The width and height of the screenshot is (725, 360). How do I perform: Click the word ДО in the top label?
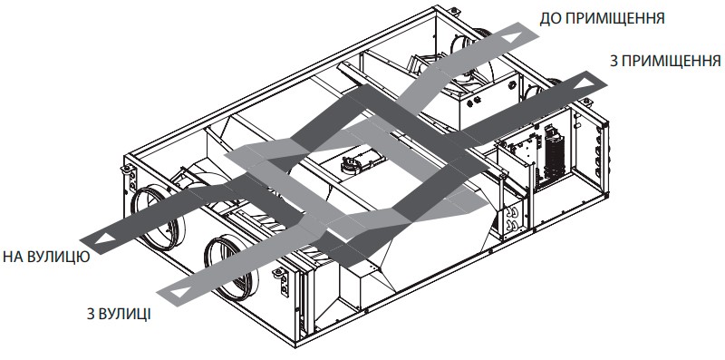point(548,18)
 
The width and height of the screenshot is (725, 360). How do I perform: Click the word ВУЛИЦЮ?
point(57,258)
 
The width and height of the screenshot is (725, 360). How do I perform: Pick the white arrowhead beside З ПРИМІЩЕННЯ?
point(585,83)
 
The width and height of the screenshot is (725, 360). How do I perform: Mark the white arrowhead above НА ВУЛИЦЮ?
point(105,239)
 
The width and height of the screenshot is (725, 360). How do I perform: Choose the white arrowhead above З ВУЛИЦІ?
point(180,292)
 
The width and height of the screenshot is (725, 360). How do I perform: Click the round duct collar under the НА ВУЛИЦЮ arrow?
point(154,217)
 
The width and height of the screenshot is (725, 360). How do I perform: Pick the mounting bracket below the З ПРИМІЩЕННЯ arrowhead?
point(585,102)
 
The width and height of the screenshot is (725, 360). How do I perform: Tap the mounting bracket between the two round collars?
point(281,281)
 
